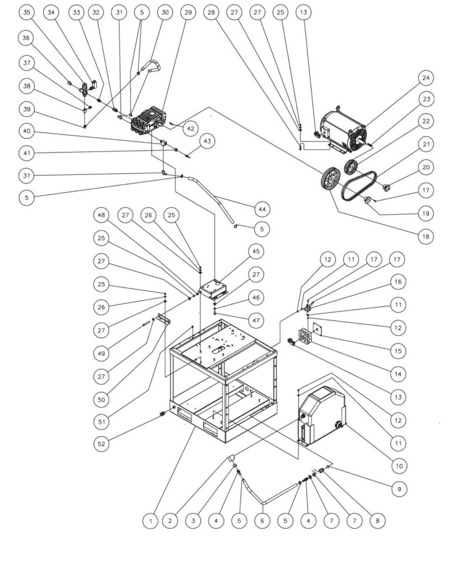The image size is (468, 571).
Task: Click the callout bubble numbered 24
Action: click(426, 78)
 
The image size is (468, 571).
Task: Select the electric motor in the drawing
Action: click(343, 131)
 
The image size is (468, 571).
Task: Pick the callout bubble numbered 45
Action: click(256, 251)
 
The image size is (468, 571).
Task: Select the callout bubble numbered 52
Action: click(101, 444)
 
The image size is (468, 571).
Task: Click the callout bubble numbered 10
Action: click(399, 466)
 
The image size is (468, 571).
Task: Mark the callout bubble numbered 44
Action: click(262, 209)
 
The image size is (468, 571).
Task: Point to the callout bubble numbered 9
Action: click(399, 489)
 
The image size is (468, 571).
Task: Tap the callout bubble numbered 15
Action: click(398, 351)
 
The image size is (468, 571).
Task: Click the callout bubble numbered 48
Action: click(101, 215)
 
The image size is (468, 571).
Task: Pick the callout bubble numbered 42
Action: click(190, 128)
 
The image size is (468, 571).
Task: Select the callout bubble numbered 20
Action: click(426, 167)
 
